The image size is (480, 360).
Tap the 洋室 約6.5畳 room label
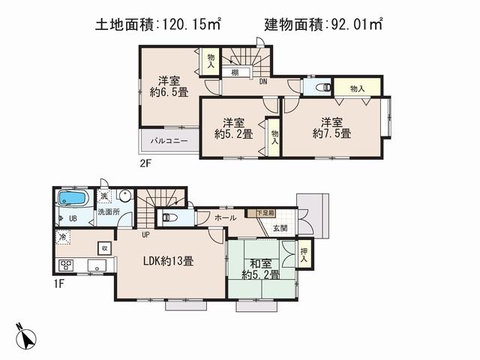(x=172, y=86)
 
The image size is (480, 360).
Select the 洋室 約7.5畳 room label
(x=331, y=127)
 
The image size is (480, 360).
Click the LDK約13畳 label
(x=169, y=262)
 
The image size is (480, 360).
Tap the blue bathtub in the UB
(x=73, y=199)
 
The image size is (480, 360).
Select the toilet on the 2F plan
(x=321, y=87)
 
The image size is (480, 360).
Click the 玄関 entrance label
(x=280, y=228)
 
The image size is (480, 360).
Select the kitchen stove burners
(x=65, y=265)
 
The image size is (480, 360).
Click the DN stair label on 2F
(x=263, y=81)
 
